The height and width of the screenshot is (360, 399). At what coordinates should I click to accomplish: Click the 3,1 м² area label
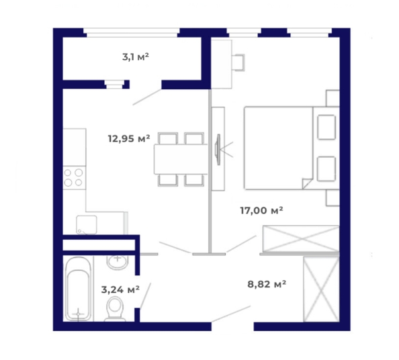coord(136,57)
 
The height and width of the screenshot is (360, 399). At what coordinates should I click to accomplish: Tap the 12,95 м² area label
coord(129,139)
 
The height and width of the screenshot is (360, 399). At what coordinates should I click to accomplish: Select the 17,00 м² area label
coord(261,211)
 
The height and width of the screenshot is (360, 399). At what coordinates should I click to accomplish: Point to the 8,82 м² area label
coord(267,284)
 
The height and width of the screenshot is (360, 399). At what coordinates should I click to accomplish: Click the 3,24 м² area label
coord(120,289)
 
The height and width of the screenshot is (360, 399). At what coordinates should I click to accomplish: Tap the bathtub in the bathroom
coord(78,289)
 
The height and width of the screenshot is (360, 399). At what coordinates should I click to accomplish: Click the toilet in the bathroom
coord(115,309)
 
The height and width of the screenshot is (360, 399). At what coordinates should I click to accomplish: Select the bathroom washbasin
coord(118,262)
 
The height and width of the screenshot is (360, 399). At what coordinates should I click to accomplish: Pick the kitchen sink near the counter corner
coord(87,225)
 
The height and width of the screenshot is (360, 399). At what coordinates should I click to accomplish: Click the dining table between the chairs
coord(181,159)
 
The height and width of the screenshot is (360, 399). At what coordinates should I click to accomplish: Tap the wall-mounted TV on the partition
coord(218,150)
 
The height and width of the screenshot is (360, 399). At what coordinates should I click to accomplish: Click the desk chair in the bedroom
coord(239,62)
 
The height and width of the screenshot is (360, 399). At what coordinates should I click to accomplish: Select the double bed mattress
coord(279,148)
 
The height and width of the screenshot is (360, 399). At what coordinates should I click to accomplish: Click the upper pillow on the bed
coord(326,127)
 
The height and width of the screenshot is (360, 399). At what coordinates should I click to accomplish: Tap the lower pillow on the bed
coord(326,169)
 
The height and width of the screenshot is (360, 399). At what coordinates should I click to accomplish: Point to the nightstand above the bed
coord(332,98)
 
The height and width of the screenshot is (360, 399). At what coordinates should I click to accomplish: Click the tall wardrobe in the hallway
coord(321,289)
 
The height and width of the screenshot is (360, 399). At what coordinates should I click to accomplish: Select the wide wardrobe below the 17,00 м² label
coord(301,238)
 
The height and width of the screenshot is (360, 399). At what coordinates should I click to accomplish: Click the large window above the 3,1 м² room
coord(132,32)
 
